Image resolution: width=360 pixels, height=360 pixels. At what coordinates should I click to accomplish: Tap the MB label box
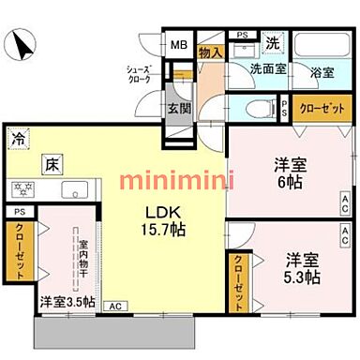point(177,42)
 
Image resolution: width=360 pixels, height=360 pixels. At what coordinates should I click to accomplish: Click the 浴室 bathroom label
point(322,69)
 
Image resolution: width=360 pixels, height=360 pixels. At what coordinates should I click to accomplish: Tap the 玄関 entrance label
point(178,106)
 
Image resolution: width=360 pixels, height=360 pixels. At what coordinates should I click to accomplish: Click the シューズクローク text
point(142,75)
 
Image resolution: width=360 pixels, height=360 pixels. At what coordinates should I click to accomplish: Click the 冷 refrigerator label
point(19,139)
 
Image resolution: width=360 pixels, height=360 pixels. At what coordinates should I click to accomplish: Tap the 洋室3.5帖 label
point(67,303)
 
